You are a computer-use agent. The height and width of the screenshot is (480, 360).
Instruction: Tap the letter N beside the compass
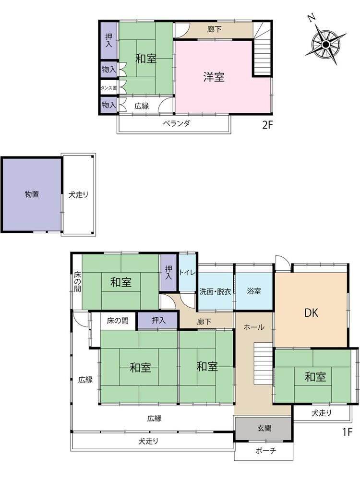312,18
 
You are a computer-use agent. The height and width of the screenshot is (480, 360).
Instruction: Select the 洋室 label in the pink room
214,77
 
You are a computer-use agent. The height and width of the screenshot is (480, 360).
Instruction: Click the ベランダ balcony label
176,123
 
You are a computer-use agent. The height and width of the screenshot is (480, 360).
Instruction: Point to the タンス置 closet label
108,88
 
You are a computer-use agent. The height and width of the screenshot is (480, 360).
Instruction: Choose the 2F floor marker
267,125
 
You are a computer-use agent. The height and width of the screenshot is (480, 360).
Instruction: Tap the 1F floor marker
348,432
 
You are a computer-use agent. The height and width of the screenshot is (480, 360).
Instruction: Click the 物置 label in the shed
32,194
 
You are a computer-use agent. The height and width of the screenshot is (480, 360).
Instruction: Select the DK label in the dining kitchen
312,313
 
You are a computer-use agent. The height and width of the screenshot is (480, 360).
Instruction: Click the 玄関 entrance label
264,428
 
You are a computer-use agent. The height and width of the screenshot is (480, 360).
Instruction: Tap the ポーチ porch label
266,451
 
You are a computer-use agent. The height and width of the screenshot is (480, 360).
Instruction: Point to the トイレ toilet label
187,272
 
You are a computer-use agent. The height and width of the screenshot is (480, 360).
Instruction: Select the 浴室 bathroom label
254,291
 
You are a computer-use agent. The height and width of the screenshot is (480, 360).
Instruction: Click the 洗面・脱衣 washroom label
215,291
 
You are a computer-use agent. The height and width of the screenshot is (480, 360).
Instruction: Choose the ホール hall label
254,327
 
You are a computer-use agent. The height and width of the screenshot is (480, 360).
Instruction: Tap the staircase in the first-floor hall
263,364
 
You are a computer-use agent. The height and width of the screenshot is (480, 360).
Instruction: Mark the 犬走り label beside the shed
78,194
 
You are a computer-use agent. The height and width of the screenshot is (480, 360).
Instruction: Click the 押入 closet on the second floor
108,40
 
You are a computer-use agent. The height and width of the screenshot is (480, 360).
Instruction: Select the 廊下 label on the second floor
214,29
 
